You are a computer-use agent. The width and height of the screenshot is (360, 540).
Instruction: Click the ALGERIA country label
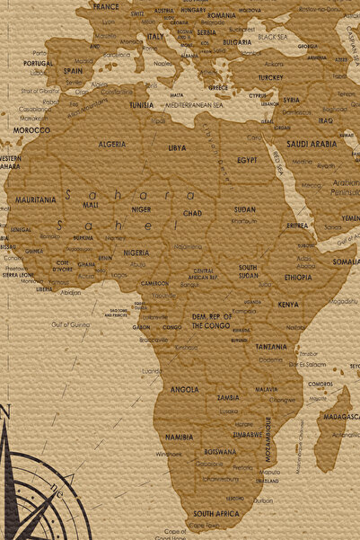click(x=112, y=144)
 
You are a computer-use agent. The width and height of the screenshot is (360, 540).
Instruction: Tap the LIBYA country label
click(x=177, y=147)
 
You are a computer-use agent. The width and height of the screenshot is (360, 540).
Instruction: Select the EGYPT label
click(x=247, y=159)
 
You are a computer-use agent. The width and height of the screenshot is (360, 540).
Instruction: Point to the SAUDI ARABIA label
click(x=312, y=143)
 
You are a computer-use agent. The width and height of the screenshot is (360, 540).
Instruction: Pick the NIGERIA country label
click(x=136, y=252)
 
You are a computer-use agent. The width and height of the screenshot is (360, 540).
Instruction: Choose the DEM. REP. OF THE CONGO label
click(x=212, y=320)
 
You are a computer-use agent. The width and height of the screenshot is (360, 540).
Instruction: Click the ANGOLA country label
click(x=184, y=389)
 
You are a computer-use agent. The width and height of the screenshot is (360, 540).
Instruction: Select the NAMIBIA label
click(x=179, y=437)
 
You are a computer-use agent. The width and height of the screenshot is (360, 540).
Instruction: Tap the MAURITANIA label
click(x=35, y=199)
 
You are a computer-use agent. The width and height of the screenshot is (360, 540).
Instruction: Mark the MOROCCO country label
click(x=31, y=130)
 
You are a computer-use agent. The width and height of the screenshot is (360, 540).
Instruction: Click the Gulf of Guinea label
click(x=70, y=323)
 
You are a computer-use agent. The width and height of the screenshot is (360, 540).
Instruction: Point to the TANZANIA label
click(x=271, y=346)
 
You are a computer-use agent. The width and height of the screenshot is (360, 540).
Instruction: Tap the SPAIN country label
click(x=73, y=70)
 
